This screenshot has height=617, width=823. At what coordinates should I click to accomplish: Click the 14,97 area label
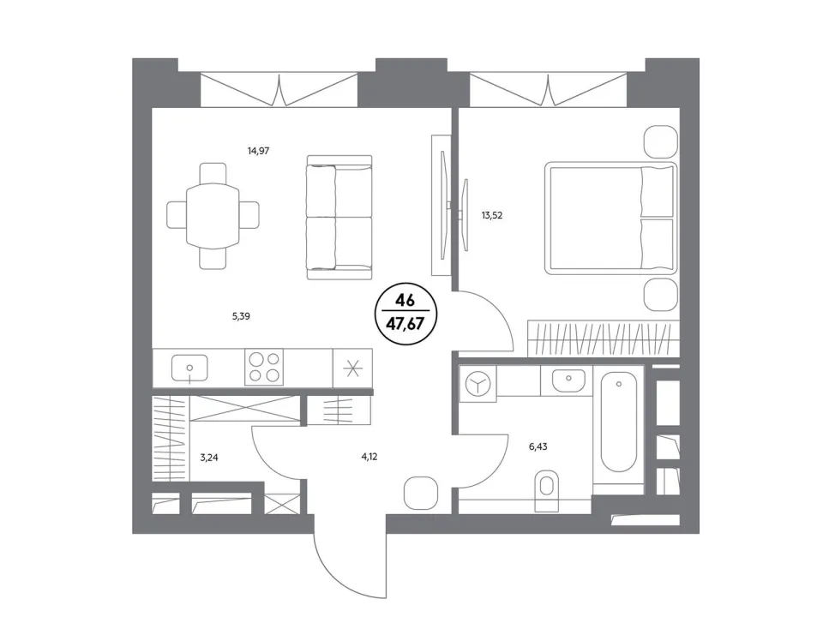258,151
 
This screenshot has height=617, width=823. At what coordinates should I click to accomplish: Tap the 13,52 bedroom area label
492,215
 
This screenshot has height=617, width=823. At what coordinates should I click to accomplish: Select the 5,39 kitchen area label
241,316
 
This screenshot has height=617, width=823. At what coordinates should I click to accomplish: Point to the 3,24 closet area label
209,458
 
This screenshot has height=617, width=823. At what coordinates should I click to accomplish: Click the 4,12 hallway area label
369,457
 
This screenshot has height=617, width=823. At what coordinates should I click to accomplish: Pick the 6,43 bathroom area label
538,447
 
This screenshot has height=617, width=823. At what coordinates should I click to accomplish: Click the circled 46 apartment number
405,301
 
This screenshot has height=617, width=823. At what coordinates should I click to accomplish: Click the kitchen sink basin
189,368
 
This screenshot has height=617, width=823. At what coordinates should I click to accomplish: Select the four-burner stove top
264,367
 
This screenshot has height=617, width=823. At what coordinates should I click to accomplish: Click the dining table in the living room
213,216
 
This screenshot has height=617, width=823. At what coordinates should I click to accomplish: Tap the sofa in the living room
339,218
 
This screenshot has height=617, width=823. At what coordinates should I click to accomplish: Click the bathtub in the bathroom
619,422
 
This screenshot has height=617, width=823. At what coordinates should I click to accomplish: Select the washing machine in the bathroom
478,384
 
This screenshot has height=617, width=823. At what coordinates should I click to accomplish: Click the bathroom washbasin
568,380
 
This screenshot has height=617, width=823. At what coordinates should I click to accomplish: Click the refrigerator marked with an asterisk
352,368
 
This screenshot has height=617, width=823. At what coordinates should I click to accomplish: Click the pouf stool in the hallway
421,494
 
